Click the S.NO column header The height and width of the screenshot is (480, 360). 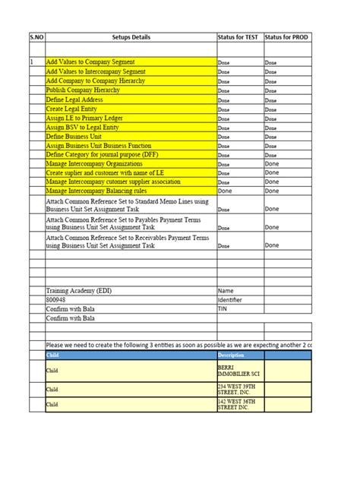tap(36, 37)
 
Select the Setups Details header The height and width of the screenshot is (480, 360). tap(130, 37)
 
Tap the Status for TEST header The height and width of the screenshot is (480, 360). tap(239, 37)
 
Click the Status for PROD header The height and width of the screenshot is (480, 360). tap(287, 37)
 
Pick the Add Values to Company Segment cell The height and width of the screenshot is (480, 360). tap(90, 62)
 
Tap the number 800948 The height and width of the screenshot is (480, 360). tap(58, 300)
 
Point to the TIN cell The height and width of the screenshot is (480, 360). tap(223, 309)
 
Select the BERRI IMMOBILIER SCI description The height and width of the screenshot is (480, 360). tap(237, 370)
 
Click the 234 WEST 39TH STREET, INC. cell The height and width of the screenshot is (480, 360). tap(238, 389)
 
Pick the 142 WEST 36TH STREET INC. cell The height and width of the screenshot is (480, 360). tap(238, 405)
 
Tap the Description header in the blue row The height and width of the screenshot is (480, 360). tap(232, 355)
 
